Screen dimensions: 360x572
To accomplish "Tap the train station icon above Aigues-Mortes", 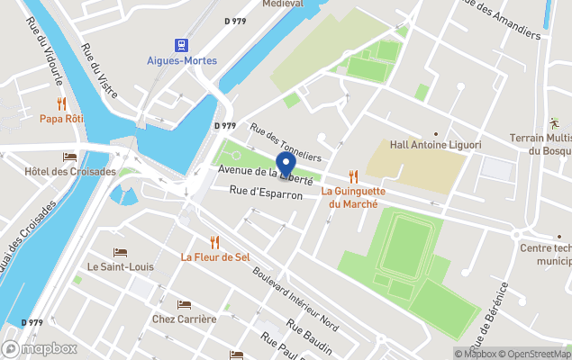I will pos(181,44).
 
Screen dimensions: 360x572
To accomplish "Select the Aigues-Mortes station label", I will pos(181,61).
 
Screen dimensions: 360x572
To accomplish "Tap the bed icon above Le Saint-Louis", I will pos(120,252).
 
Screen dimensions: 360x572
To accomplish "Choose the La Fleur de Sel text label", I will pos(214,256).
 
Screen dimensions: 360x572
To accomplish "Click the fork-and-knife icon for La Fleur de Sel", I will pos(214,241).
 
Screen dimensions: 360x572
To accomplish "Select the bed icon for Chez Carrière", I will pos(184,304).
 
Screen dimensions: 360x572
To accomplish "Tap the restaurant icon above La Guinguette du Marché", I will pos(353,176).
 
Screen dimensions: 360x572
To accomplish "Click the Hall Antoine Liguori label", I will pos(435,145).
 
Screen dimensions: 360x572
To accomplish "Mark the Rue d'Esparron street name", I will pos(266,192).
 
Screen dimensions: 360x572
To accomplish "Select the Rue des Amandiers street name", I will pos(501,20).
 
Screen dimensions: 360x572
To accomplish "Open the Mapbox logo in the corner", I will pos(40,348).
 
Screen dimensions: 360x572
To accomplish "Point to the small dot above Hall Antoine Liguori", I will pos(436,133).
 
